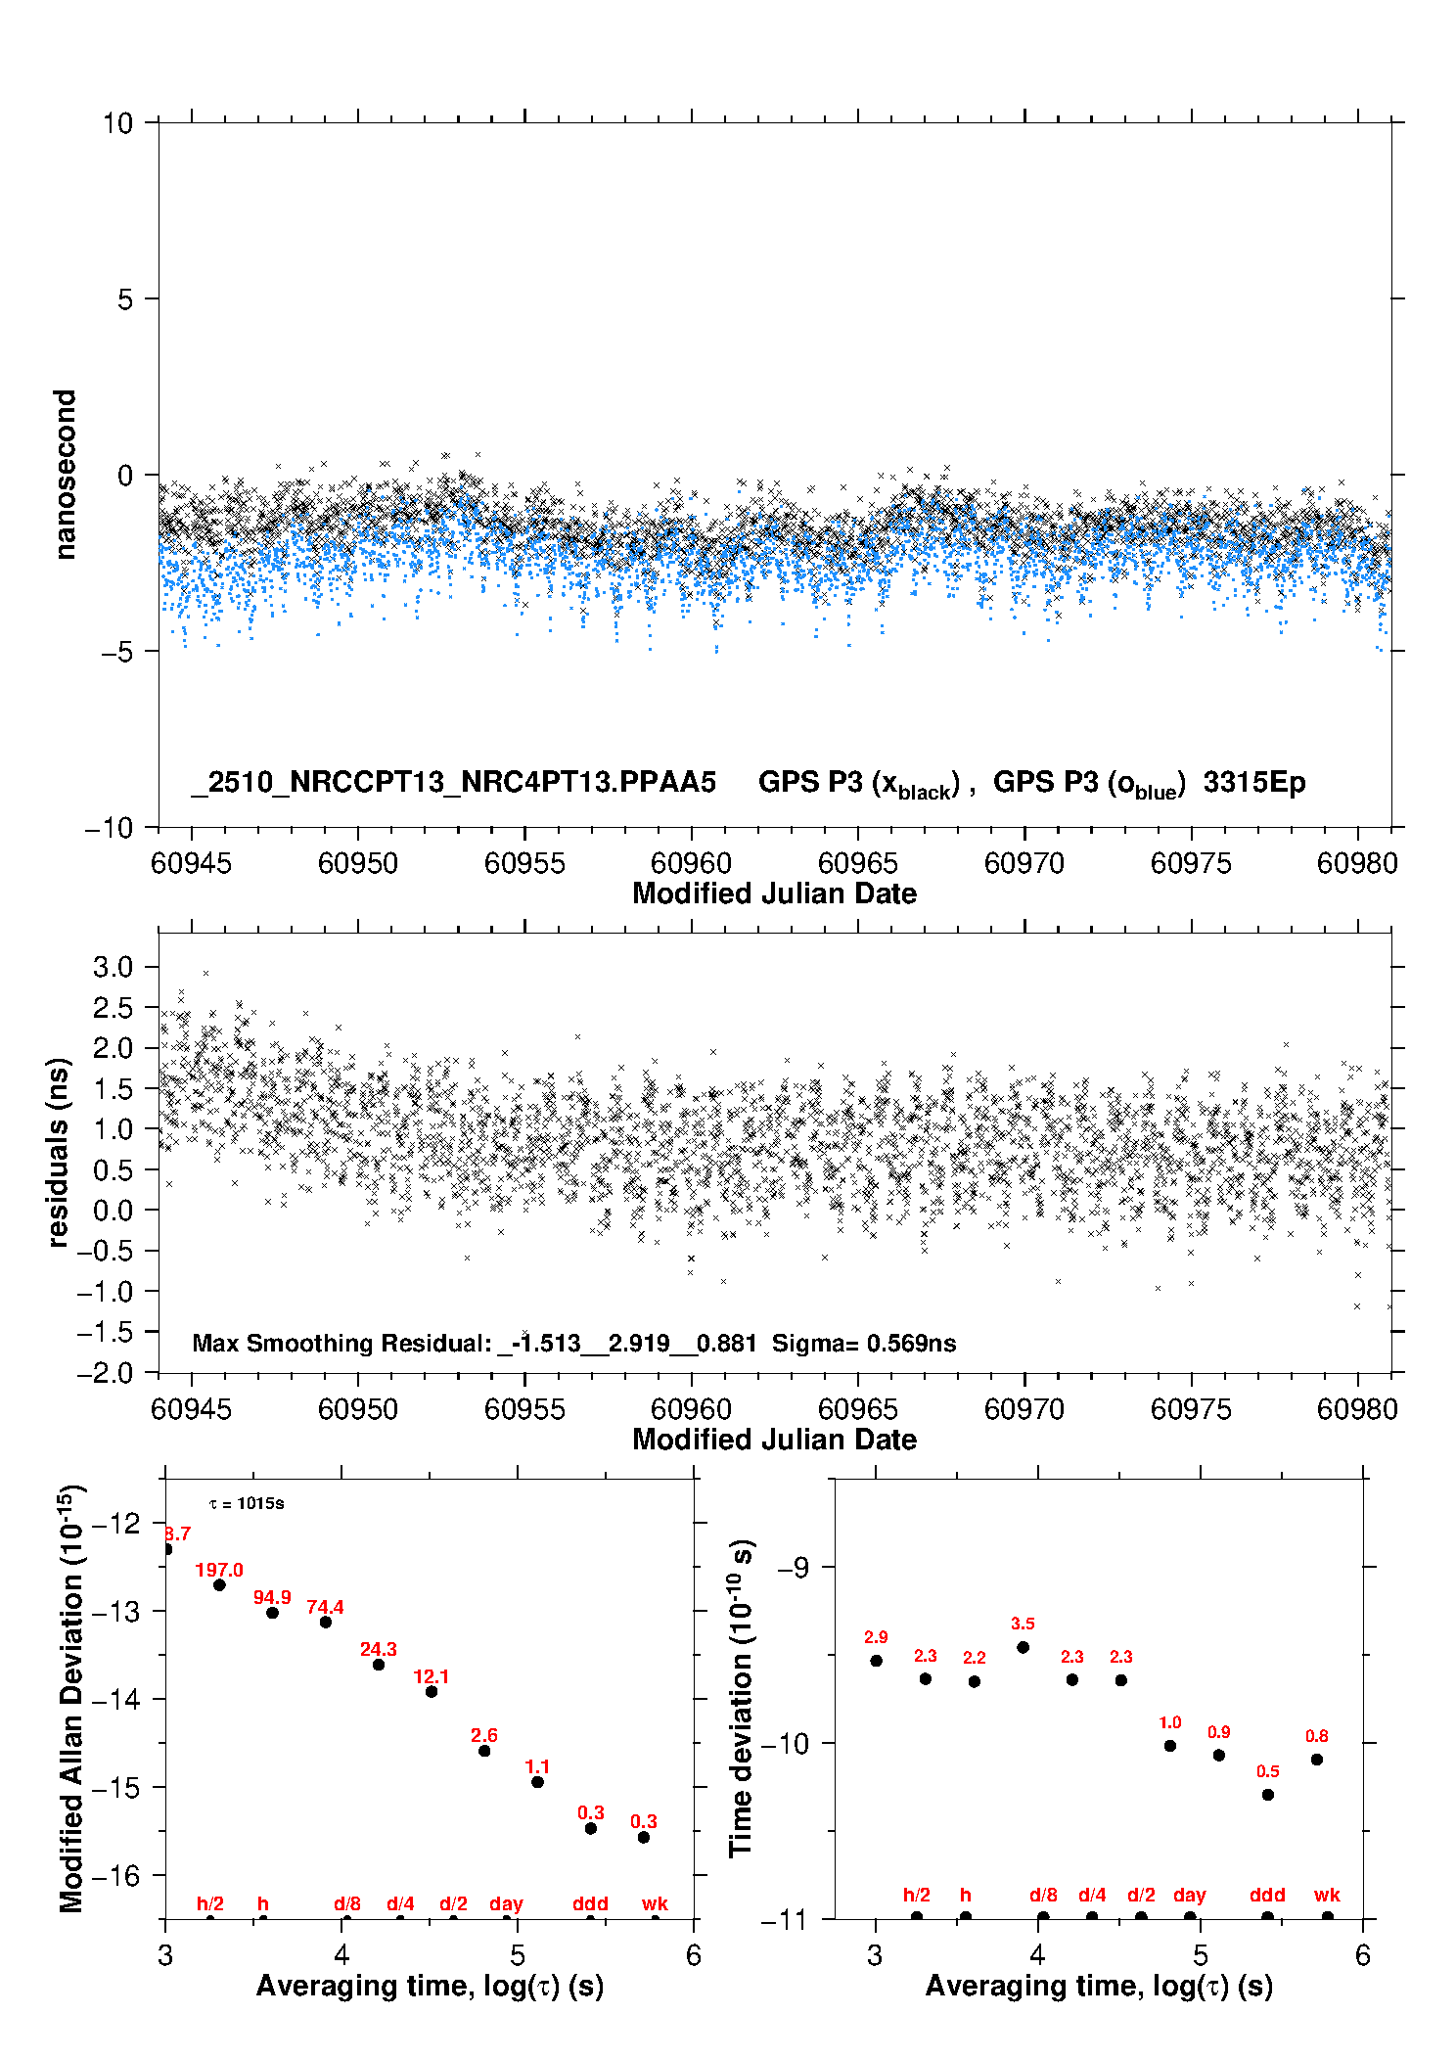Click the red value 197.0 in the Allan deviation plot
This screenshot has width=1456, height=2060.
[x=218, y=1570]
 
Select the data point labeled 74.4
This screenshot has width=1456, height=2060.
[x=326, y=1622]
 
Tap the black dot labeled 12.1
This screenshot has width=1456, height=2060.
[x=432, y=1691]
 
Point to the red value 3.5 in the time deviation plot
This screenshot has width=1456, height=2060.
[x=1023, y=1624]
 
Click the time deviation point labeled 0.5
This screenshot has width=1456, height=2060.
[x=1268, y=1795]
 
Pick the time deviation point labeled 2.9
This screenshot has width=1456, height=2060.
[x=877, y=1661]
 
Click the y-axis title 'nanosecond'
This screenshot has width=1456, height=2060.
[x=65, y=475]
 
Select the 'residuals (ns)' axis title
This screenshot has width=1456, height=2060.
[x=59, y=1152]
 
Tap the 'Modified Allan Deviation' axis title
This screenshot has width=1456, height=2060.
[x=70, y=1698]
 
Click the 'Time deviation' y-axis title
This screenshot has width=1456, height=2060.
[x=741, y=1698]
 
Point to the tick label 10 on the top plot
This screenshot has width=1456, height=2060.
[x=117, y=123]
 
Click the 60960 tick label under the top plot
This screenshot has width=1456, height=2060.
[x=691, y=863]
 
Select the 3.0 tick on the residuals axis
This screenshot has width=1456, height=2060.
[x=113, y=967]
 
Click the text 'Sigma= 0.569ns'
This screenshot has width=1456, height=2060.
[x=864, y=1343]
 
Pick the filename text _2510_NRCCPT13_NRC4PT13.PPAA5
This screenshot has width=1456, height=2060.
[x=454, y=782]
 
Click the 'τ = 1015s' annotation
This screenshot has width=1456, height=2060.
[x=247, y=1503]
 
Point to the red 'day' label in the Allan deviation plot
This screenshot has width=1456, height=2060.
[x=506, y=1903]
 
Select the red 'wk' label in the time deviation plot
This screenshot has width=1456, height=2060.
[x=1327, y=1895]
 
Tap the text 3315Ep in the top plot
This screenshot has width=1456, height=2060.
[x=1254, y=782]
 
